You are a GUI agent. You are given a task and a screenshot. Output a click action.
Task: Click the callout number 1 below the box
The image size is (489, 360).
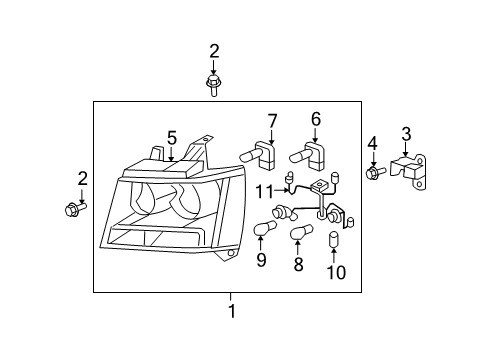click(231, 311)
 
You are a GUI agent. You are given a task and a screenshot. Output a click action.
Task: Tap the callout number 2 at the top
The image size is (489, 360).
click(213, 51)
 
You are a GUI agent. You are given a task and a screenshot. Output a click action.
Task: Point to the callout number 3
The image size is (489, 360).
click(405, 135)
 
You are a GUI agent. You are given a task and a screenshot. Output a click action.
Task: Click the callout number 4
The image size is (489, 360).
click(373, 142)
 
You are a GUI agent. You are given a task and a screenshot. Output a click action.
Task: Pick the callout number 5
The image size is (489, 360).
click(171, 137)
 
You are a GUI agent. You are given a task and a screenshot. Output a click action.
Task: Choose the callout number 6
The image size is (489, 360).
click(315, 120)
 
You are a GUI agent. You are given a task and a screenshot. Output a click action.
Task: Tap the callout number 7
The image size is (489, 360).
click(271, 122)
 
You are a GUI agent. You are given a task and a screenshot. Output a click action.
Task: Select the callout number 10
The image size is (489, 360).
click(335, 272)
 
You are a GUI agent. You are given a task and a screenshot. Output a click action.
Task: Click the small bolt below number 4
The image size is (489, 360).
click(374, 172)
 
